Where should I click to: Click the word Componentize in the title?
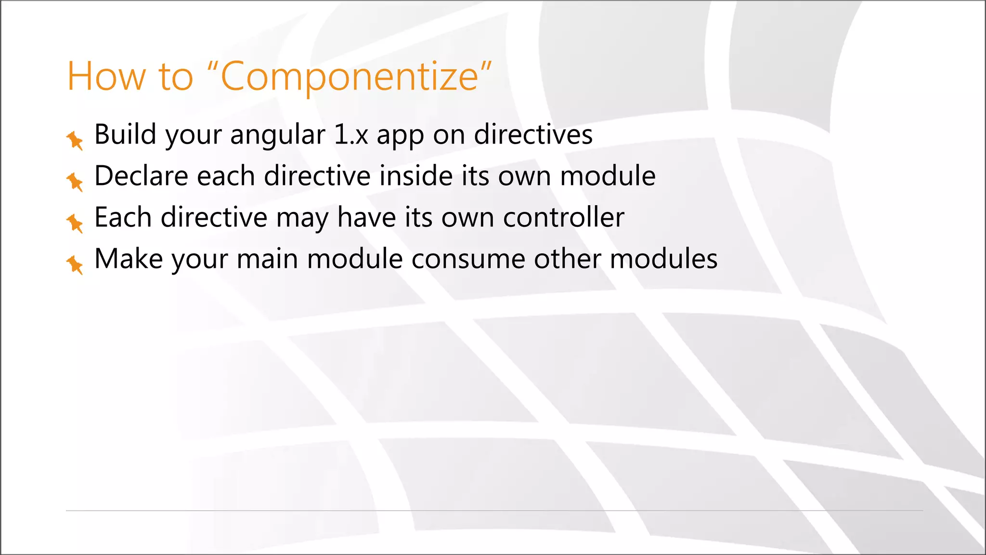tap(349, 77)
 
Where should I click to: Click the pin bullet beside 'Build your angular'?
tap(75, 140)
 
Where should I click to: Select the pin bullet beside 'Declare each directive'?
tap(75, 182)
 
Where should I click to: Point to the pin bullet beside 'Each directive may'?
tap(75, 223)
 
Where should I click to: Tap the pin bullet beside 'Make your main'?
tap(75, 264)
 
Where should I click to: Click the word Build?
tap(125, 134)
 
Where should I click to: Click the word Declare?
tap(141, 176)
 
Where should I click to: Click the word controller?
tap(563, 217)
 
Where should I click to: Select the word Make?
tap(129, 259)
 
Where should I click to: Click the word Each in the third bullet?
tap(123, 217)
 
